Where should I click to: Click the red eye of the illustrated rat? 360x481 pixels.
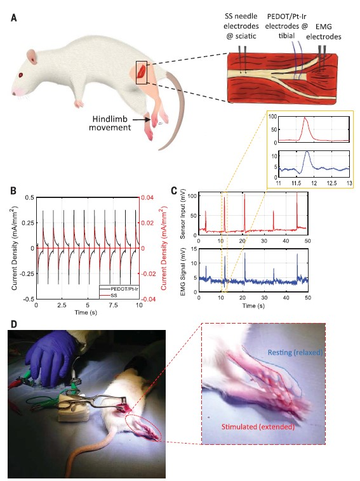[21, 75]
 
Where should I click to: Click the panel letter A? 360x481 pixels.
[13, 18]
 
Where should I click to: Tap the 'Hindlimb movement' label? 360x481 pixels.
[110, 123]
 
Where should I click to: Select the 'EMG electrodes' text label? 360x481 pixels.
[323, 32]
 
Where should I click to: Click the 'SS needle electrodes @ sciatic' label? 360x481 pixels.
[241, 26]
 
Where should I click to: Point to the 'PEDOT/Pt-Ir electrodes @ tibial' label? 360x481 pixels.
[286, 26]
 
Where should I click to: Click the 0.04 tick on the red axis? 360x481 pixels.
[147, 197]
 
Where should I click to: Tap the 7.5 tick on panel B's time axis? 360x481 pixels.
[114, 305]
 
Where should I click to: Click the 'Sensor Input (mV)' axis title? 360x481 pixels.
[183, 214]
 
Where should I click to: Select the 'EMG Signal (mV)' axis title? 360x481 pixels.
[183, 270]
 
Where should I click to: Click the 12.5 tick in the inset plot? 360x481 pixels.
[332, 183]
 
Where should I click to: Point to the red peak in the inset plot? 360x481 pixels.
[305, 117]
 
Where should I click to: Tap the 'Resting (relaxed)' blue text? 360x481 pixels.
[295, 352]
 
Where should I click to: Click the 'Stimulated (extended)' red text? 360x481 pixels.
[258, 426]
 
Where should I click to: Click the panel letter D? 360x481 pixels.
[14, 324]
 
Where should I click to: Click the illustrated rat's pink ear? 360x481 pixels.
[32, 56]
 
